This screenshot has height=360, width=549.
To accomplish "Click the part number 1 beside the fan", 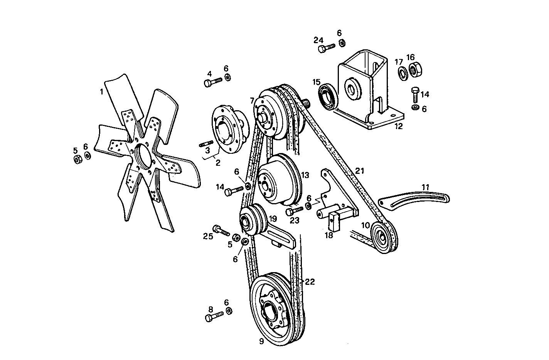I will [101, 92].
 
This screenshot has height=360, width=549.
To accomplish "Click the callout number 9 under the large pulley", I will [261, 342].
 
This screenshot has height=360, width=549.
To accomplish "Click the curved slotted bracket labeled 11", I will [414, 199].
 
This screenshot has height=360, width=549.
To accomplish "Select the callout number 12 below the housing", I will [398, 126].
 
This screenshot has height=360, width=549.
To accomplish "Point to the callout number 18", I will [328, 235].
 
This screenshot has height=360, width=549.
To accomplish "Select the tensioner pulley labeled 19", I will [251, 221].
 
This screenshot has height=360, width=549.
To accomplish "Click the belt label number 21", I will [359, 171].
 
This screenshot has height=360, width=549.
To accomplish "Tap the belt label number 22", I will [310, 282].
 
